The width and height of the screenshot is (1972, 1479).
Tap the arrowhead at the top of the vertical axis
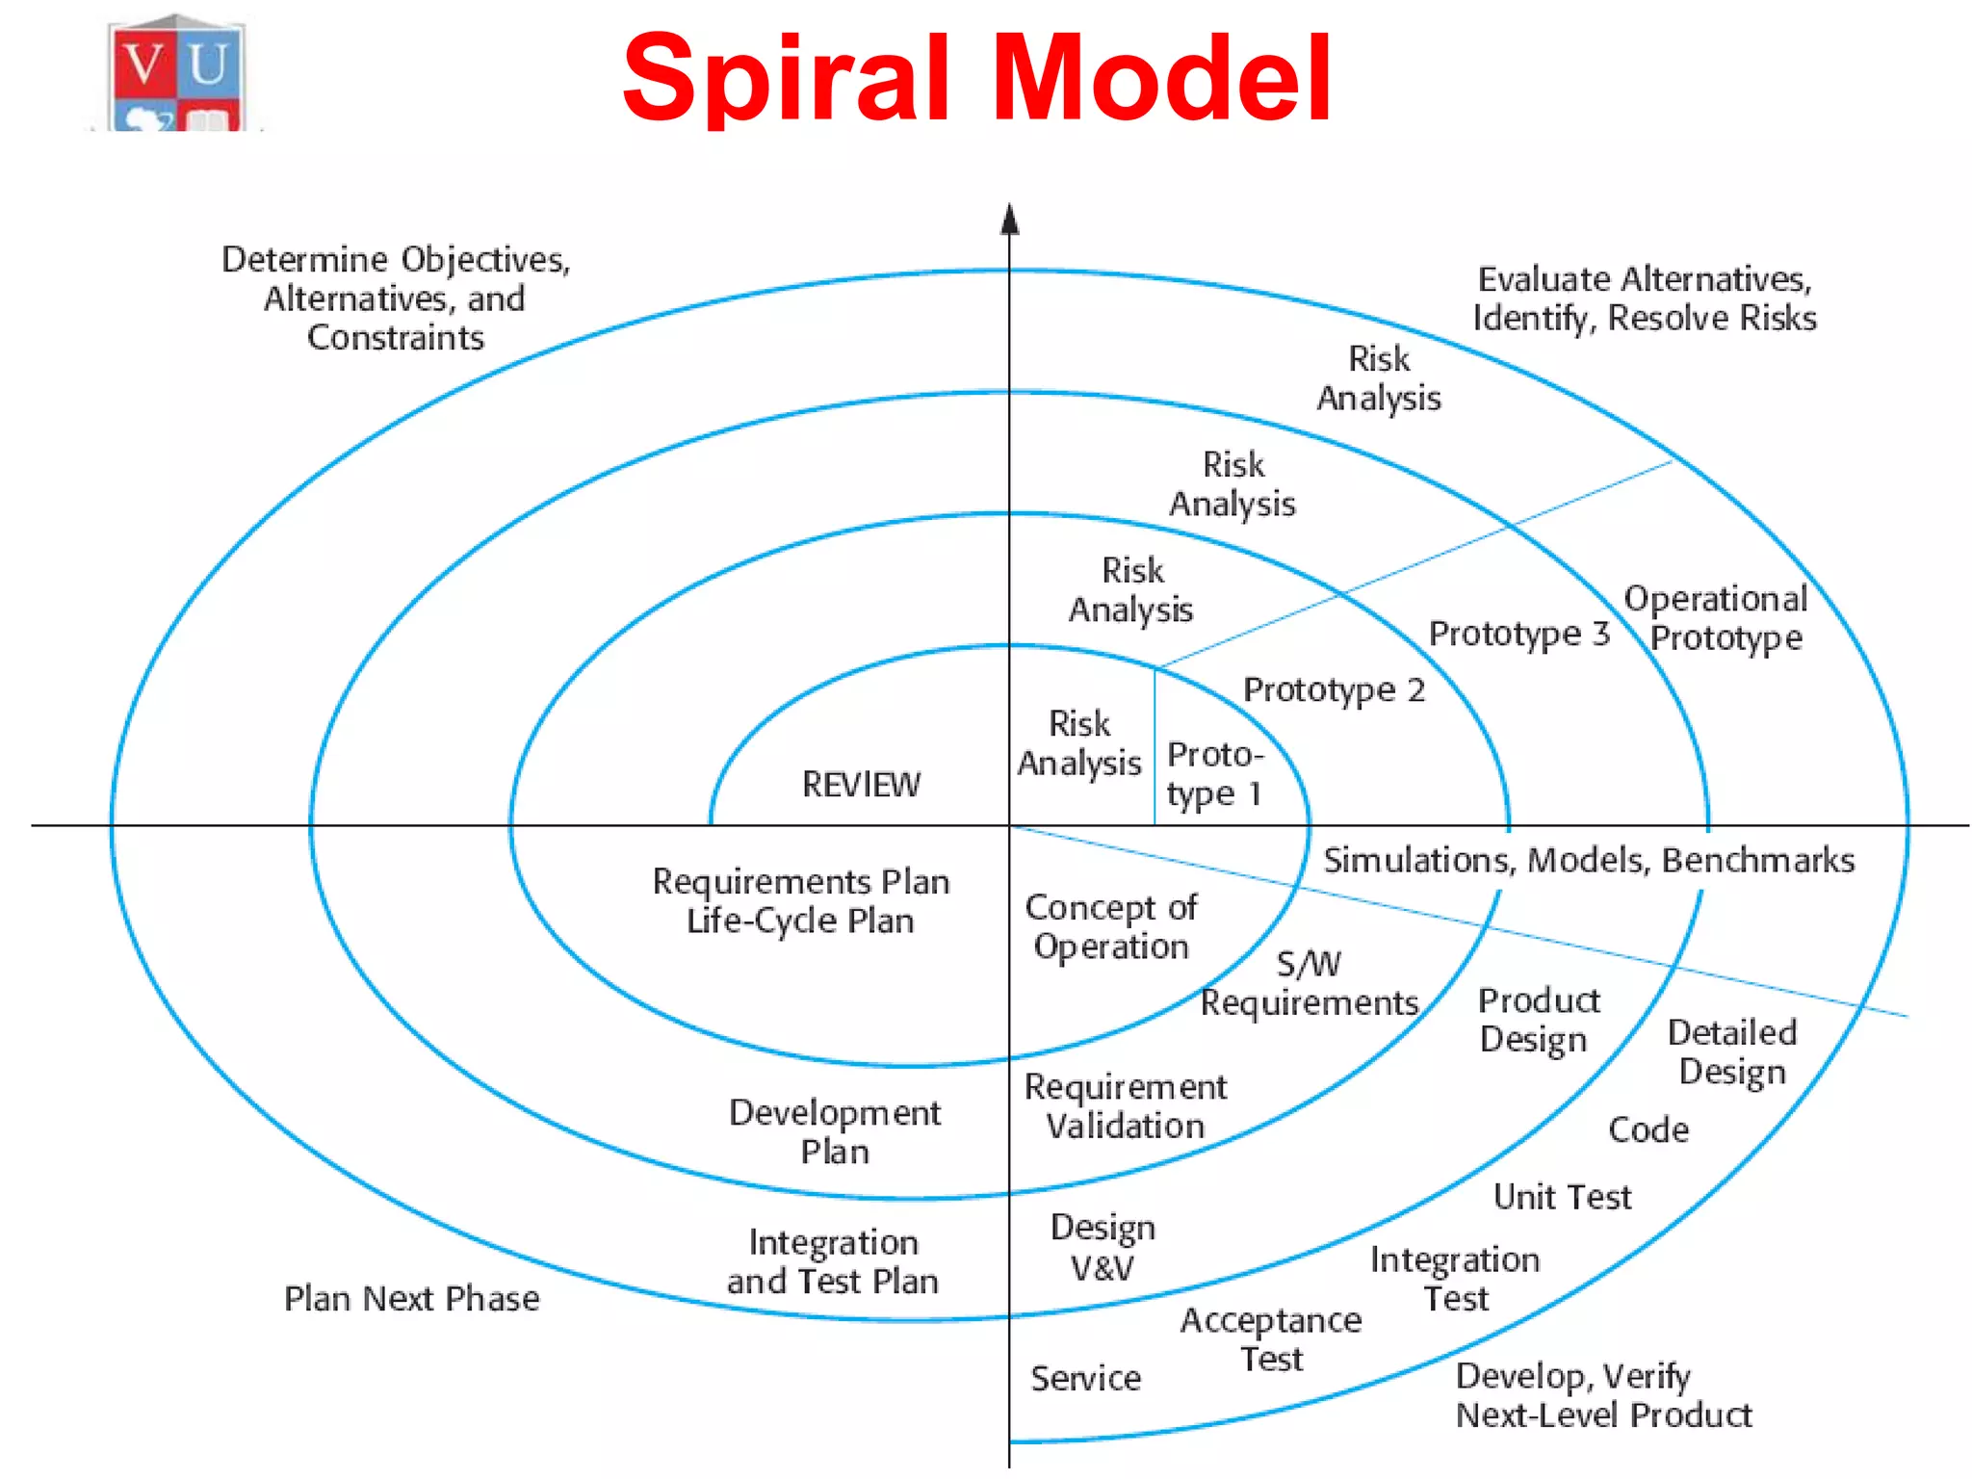[1009, 220]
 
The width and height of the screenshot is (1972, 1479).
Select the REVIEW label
[861, 785]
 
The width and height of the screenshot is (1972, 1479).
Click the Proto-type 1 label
[1213, 774]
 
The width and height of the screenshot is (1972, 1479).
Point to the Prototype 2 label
[1334, 690]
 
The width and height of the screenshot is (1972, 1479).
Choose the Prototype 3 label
[1518, 634]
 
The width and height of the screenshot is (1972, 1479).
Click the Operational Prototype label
[1716, 618]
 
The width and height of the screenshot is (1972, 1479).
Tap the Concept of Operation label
[1111, 927]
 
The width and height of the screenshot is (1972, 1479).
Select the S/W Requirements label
[1310, 984]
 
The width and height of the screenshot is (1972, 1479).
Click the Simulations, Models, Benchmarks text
[1588, 860]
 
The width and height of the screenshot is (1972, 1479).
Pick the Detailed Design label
[1732, 1052]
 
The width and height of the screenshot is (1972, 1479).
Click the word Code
[1648, 1129]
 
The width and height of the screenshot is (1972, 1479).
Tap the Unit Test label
[1562, 1197]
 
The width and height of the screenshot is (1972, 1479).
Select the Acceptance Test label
[1271, 1339]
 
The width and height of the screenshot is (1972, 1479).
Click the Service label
[1085, 1378]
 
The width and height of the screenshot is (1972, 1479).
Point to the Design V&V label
[1103, 1248]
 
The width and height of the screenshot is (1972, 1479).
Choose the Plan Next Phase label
[411, 1299]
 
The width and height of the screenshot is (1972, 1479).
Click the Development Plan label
[835, 1132]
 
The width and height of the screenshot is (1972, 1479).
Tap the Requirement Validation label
[1125, 1106]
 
